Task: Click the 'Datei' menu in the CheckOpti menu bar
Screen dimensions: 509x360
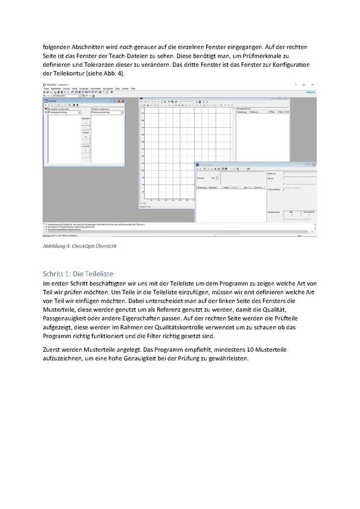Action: coord(46,89)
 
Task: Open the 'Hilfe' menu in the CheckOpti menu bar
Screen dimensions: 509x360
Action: coord(133,89)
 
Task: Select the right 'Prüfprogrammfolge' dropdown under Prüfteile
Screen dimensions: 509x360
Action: coord(106,113)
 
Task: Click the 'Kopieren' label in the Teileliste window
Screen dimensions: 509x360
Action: coord(86,118)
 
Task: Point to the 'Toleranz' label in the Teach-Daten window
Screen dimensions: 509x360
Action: coord(200,178)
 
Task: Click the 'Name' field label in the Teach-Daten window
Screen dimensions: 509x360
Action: coord(271,178)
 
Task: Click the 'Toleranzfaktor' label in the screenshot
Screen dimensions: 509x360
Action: coord(274,189)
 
